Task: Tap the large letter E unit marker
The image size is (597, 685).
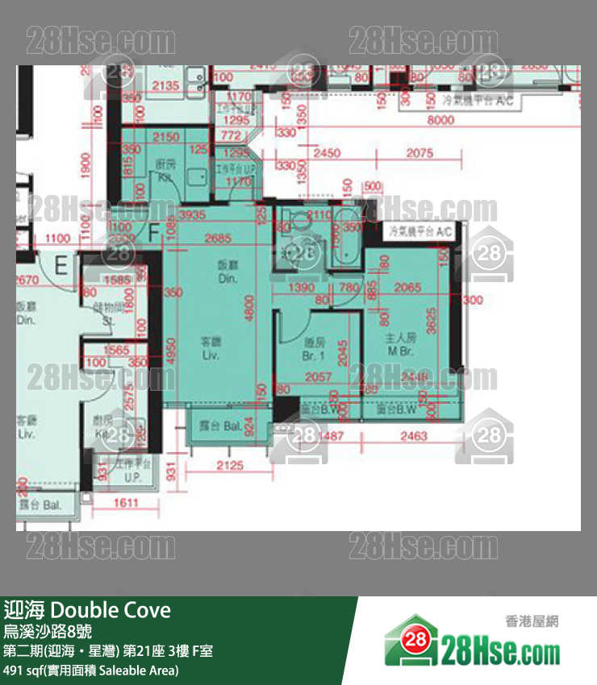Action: click(61, 264)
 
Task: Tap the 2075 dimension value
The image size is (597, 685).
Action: click(420, 152)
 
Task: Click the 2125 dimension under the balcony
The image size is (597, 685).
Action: click(230, 465)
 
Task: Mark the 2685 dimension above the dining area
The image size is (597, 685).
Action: click(218, 238)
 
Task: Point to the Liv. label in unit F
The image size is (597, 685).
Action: click(211, 348)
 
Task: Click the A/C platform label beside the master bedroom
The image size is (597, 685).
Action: click(420, 231)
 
